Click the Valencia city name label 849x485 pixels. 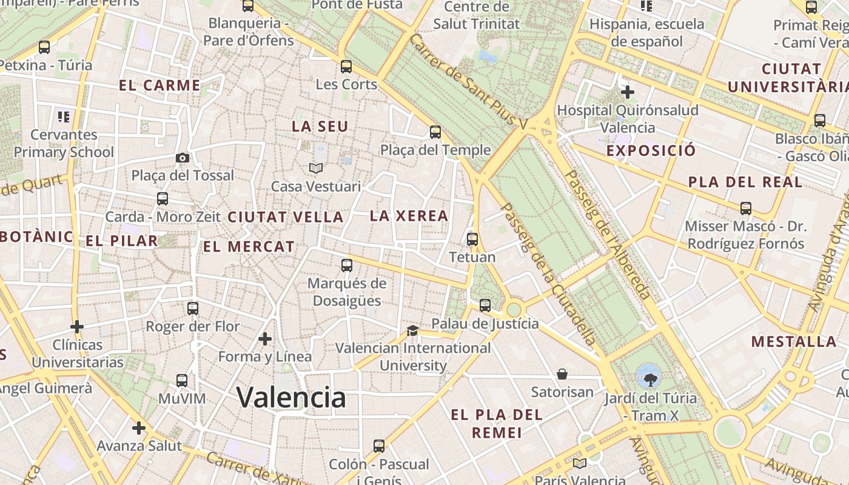pos(291,397)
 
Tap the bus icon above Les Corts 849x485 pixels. pos(346,66)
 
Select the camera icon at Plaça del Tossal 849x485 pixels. pos(182,158)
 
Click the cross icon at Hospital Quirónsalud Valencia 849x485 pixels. pos(628,92)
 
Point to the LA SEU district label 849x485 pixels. pos(320,126)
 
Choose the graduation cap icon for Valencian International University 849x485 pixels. pos(412,330)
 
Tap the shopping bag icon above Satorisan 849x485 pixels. pos(562,374)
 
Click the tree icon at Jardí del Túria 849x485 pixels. pos(649,378)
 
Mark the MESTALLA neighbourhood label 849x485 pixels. pos(794,341)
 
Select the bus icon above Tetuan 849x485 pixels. pos(472,239)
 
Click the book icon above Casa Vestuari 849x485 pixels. pos(315,168)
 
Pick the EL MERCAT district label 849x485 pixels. pos(249,247)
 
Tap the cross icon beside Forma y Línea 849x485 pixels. pos(265,338)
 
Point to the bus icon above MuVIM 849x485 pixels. pos(182,381)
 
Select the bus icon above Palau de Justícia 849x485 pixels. pos(485,306)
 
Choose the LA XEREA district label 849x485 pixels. pos(409,216)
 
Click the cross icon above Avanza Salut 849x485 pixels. pos(139,428)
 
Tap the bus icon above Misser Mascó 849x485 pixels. pos(746,209)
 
